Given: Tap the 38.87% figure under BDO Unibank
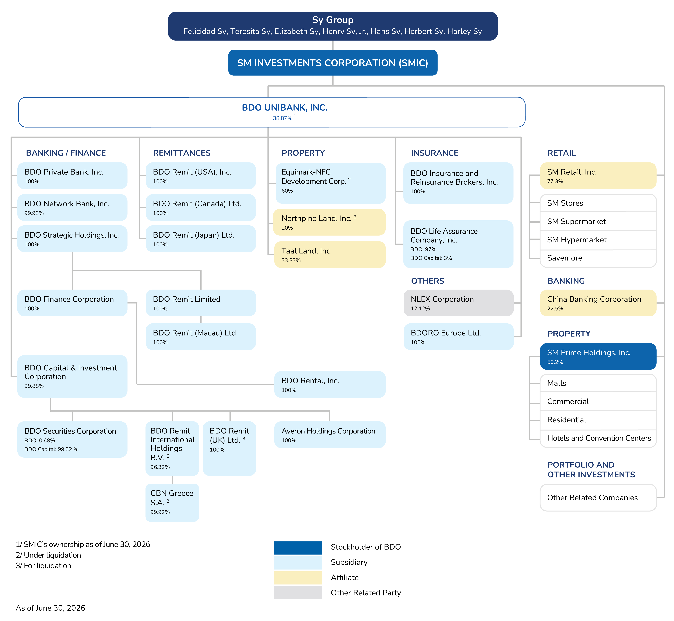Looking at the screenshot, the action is pos(282,118).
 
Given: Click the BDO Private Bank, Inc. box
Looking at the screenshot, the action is pos(72,176).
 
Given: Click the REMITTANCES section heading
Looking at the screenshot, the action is pos(182,153).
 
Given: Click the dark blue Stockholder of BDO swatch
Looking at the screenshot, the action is pos(298,548).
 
